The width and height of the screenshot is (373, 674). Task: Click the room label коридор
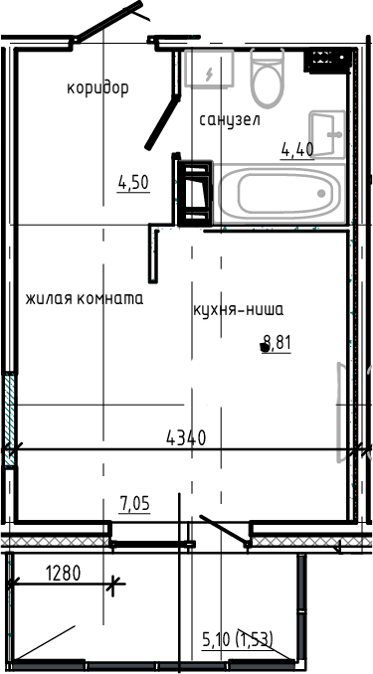click(x=97, y=88)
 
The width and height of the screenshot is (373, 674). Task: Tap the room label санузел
click(x=229, y=120)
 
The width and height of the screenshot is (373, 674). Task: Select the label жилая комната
click(x=85, y=298)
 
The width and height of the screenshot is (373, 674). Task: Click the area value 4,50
click(x=133, y=182)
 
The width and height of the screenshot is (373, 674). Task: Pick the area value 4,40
click(x=297, y=150)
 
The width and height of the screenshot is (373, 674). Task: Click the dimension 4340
click(x=185, y=436)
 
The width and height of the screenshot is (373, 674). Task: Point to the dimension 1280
click(x=63, y=573)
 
